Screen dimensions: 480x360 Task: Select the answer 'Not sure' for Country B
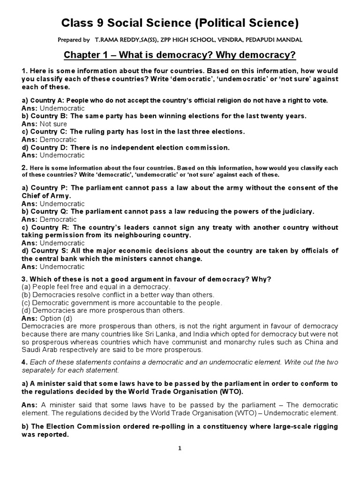[x=54, y=124]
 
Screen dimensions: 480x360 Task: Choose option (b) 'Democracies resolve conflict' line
[x=118, y=295]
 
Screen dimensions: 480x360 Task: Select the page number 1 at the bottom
[x=180, y=449]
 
